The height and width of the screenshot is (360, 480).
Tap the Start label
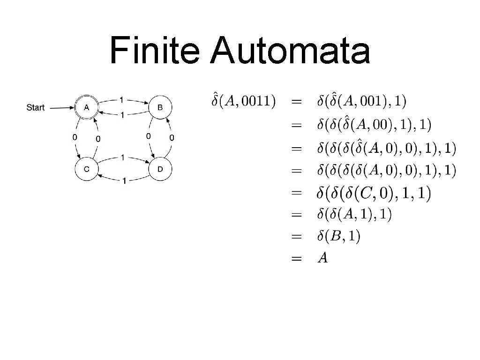coord(36,107)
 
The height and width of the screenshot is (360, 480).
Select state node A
coord(86,107)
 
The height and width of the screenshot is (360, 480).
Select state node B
coord(160,107)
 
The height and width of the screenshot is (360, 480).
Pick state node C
coord(87,169)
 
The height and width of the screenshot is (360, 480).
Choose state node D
coord(160,169)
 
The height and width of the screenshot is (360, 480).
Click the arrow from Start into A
coord(61,108)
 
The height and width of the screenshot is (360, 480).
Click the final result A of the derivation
coord(322,258)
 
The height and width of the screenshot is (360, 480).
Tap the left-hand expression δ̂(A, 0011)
coord(243,101)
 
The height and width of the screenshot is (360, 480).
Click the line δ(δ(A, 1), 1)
coord(354,215)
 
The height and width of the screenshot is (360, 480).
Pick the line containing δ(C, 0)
coord(374,192)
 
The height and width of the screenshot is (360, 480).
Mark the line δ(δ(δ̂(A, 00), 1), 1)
coord(374,124)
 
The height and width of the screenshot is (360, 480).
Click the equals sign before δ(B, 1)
coord(296,237)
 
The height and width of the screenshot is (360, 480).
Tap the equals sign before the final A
coord(296,259)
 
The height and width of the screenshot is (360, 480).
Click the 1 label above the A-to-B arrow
coord(122,99)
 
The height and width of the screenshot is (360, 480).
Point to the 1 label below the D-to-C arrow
coord(124,181)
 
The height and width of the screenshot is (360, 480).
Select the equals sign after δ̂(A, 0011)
coord(296,101)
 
